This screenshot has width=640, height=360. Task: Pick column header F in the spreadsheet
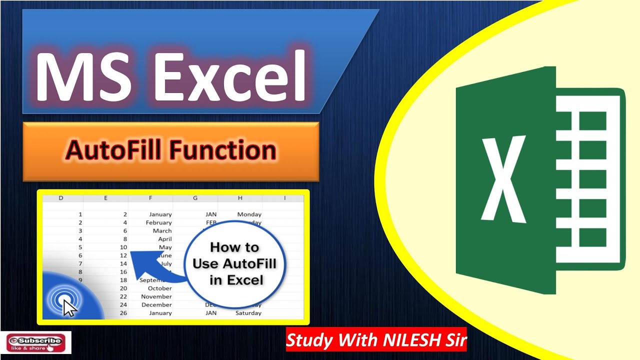click(x=150, y=198)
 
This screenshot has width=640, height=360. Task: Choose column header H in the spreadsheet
click(x=240, y=198)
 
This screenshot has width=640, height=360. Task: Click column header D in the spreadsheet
click(x=61, y=198)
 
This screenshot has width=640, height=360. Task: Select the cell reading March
click(x=162, y=231)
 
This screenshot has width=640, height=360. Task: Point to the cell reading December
click(x=156, y=304)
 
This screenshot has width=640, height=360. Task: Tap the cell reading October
click(x=160, y=288)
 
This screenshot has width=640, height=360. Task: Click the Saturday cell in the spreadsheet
click(x=248, y=313)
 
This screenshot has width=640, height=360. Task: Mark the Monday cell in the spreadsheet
click(x=249, y=214)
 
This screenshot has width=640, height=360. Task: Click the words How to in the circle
click(x=234, y=247)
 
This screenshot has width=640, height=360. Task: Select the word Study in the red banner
click(x=309, y=340)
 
